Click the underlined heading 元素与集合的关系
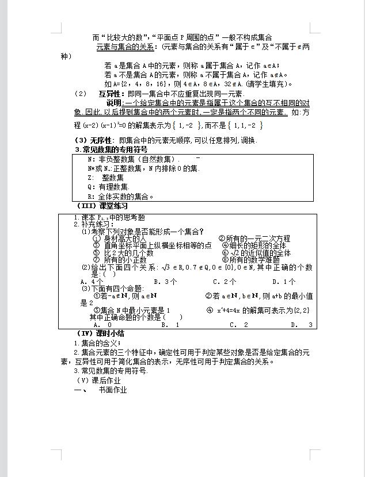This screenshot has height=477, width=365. click(x=125, y=47)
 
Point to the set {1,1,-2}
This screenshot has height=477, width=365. click(x=245, y=125)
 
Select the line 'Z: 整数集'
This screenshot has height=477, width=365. click(x=106, y=178)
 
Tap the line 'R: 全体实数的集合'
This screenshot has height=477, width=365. click(x=121, y=196)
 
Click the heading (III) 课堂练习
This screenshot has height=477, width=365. click(x=102, y=206)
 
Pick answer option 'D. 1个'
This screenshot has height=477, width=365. click(x=284, y=282)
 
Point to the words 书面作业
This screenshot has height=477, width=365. click(x=113, y=390)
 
